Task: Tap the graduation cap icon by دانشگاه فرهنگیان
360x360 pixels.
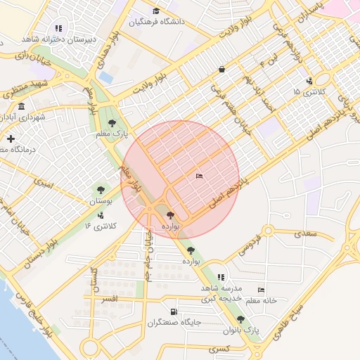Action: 155,11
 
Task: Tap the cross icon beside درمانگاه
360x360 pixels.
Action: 11,139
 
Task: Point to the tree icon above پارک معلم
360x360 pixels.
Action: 112,123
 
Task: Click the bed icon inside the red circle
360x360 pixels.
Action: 200,176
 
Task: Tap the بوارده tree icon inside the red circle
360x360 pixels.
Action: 171,216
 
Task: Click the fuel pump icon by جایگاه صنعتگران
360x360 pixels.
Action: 174,311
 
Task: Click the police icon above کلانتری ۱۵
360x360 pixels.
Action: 309,81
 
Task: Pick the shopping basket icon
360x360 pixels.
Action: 222,70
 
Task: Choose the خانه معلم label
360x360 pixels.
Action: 261,300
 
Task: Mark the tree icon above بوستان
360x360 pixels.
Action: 100,190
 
